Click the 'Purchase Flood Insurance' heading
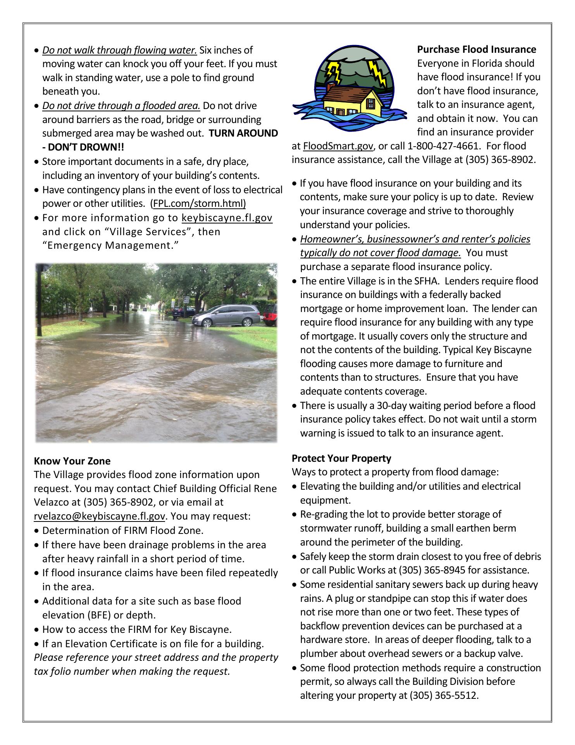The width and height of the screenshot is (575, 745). click(477, 50)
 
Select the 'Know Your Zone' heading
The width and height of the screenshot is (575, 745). click(72, 461)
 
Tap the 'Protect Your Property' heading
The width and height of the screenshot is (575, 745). click(341, 458)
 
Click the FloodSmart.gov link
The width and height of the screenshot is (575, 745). click(338, 146)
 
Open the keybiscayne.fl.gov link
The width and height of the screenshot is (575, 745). click(227, 218)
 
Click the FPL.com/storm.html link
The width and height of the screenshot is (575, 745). click(200, 203)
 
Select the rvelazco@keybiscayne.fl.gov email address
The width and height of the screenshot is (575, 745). click(100, 516)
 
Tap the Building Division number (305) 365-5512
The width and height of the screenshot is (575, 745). click(443, 695)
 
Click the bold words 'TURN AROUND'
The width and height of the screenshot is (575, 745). click(243, 133)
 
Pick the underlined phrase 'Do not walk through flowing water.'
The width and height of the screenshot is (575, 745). click(120, 50)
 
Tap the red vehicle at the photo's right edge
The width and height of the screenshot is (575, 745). click(271, 314)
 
